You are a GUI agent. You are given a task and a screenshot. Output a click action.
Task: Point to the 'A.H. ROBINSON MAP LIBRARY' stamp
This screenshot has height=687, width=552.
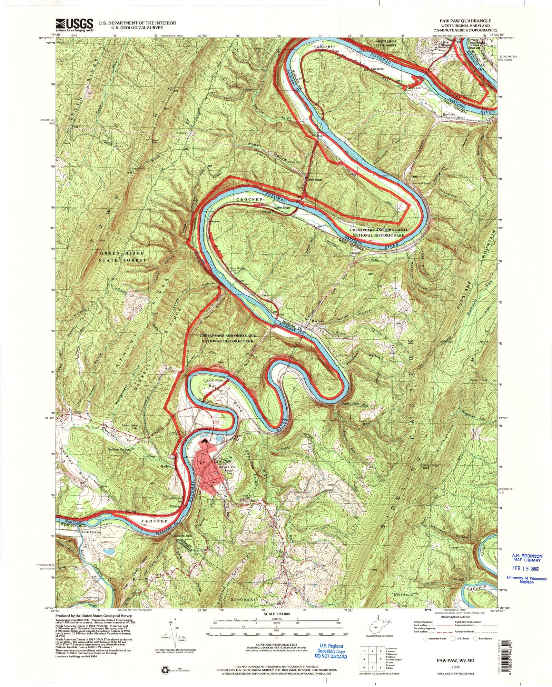[527, 566]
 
